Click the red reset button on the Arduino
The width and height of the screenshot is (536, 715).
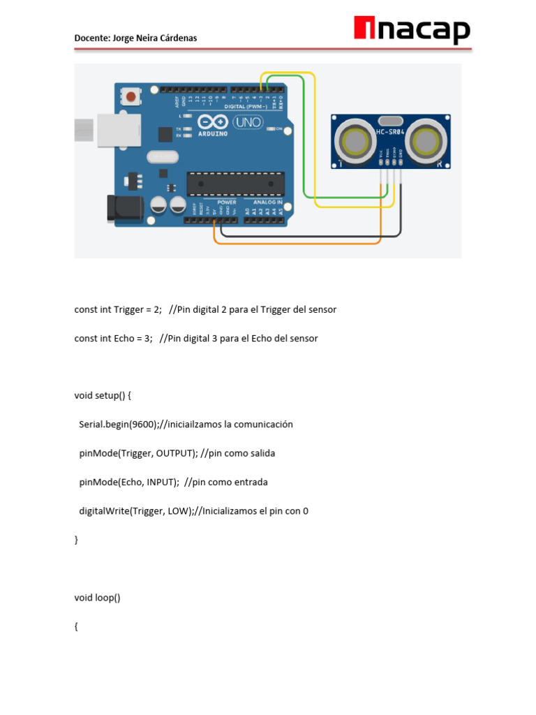[x=131, y=96]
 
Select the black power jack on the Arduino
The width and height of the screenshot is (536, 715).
[x=124, y=209]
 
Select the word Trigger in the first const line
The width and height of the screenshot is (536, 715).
[x=128, y=309]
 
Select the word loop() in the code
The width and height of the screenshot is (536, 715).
[x=107, y=598]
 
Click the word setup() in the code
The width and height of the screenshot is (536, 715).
[x=112, y=396]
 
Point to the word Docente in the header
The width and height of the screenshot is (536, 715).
[x=91, y=38]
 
